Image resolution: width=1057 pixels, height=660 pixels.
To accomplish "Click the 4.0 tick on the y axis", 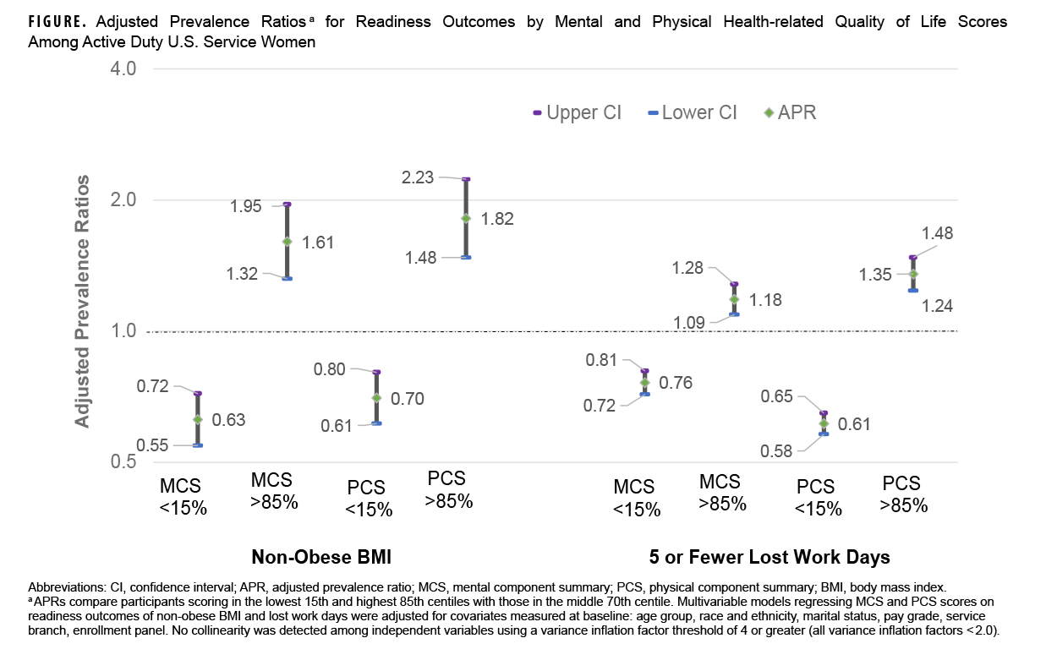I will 123,68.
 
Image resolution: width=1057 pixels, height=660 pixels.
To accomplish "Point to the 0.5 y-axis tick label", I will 123,462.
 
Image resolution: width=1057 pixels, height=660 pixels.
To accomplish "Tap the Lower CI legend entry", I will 691,112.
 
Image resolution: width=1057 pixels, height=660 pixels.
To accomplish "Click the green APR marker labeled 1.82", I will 466,218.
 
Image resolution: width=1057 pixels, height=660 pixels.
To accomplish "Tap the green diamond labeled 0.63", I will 198,419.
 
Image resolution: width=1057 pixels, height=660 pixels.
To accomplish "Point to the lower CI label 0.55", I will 152,445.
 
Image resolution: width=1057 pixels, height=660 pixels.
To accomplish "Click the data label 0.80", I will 329,368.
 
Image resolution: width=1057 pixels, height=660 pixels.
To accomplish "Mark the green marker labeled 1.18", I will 734,299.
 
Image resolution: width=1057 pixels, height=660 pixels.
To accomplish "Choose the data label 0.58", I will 776,450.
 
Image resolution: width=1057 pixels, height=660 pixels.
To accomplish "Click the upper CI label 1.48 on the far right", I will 937,233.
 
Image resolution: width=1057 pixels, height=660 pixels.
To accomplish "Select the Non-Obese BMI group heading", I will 321,557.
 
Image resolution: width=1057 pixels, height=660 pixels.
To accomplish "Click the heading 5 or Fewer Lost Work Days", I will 769,557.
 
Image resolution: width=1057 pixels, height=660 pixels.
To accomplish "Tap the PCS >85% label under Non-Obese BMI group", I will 448,489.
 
